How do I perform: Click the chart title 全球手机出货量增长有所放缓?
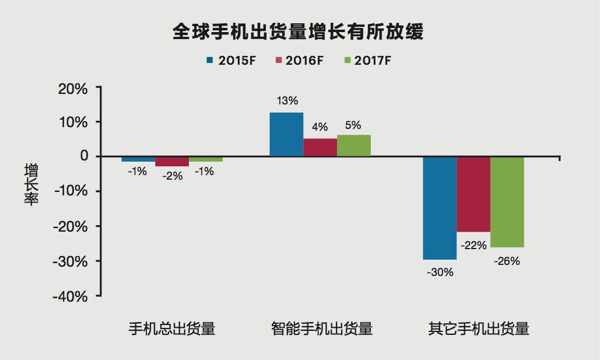tap(298, 32)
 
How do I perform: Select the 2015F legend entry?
tap(231, 60)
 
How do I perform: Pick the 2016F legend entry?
tap(298, 60)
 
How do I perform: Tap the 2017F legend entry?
tap(366, 60)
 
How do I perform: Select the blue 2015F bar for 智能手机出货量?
tap(286, 134)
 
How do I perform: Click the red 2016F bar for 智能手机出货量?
tap(320, 147)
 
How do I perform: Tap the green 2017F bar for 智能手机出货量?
tap(354, 145)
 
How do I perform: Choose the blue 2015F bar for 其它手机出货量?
tap(440, 208)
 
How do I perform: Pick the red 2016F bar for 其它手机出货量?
tap(473, 194)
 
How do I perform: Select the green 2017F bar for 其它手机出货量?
tap(507, 202)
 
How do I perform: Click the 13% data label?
tap(286, 101)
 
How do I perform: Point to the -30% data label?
tap(440, 272)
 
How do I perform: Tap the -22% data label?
tap(473, 246)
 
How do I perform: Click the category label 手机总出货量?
tap(172, 329)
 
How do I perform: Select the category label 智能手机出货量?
tap(322, 329)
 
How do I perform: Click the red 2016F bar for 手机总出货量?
tap(172, 162)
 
